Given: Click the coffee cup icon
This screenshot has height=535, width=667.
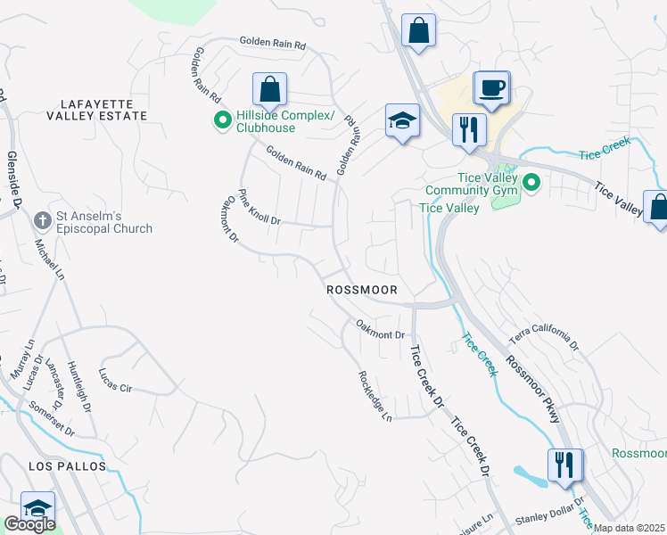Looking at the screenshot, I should point(490,87).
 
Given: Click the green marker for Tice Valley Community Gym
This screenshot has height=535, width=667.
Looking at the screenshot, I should point(531,185).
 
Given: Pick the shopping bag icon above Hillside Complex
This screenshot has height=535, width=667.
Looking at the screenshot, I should point(269,89).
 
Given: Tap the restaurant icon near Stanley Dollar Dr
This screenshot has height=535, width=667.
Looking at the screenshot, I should point(565,465).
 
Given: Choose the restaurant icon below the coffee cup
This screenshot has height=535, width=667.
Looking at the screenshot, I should point(468,129).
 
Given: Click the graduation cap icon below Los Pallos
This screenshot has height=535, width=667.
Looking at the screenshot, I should point(37,507).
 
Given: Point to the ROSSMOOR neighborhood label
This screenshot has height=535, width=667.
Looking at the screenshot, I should point(367,290).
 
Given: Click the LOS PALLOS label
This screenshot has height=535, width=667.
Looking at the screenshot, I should point(67,466).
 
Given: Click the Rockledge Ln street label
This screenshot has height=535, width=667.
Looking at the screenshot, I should point(375,396).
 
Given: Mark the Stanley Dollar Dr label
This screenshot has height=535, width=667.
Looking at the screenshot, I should point(548,513).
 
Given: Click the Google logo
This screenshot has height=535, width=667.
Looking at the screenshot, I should point(29,524).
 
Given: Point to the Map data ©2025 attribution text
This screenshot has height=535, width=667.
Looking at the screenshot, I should point(629,528).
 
